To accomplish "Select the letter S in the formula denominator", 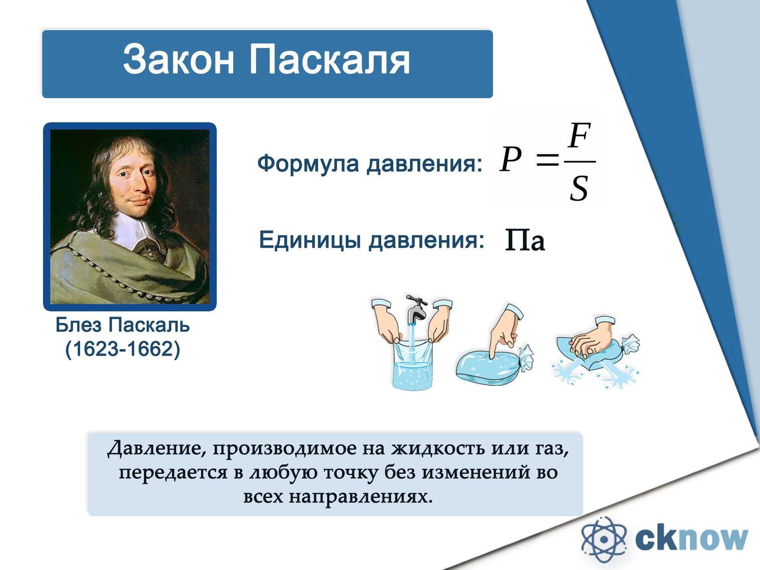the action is tap(579, 188).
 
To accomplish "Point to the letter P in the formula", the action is tap(511, 159).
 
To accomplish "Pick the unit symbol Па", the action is tap(525, 240).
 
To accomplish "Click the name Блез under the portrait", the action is tap(79, 325).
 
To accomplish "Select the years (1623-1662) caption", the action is tap(123, 349).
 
